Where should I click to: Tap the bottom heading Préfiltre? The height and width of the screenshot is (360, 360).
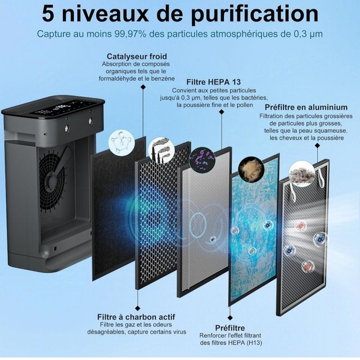(x=230, y=327)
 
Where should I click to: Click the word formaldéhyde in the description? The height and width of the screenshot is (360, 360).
(x=121, y=79)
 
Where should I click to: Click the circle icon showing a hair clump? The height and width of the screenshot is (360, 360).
(x=250, y=167)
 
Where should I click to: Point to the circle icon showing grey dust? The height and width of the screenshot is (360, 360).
(x=301, y=174)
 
